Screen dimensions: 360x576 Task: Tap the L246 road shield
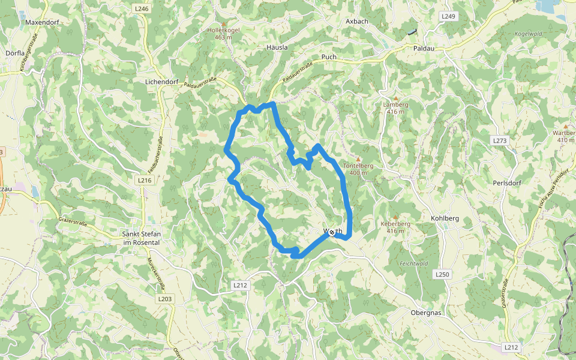pyautogui.click(x=142, y=9)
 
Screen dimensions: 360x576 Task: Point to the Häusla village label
pyautogui.click(x=277, y=47)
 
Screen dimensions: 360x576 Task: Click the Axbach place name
pyautogui.click(x=356, y=21)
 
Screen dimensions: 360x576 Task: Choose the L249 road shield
pyautogui.click(x=448, y=16)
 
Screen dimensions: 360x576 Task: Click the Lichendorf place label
pyautogui.click(x=163, y=80)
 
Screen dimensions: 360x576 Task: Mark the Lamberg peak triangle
pyautogui.click(x=395, y=98)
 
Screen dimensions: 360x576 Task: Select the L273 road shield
pyautogui.click(x=500, y=140)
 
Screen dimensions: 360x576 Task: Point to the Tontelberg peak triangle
pyautogui.click(x=358, y=159)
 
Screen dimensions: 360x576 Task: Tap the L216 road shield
pyautogui.click(x=145, y=180)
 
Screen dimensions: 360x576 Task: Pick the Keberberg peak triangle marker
pyautogui.click(x=395, y=217)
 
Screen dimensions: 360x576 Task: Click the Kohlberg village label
pyautogui.click(x=445, y=218)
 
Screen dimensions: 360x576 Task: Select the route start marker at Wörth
pyautogui.click(x=332, y=232)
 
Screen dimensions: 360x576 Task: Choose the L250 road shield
pyautogui.click(x=442, y=274)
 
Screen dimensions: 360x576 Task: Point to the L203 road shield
pyautogui.click(x=165, y=298)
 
